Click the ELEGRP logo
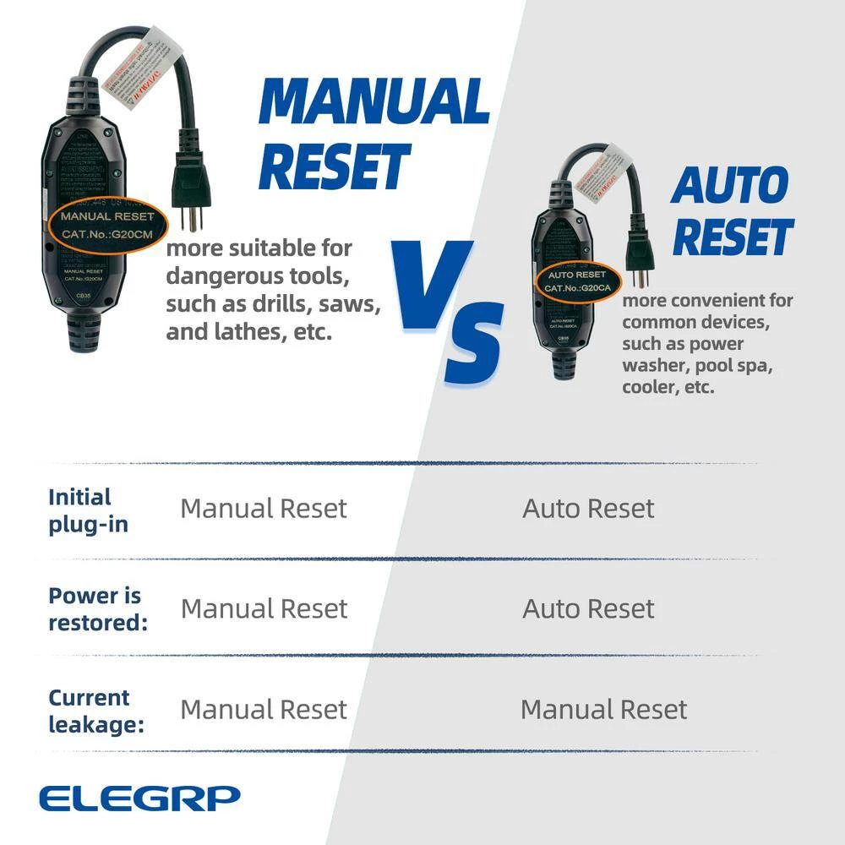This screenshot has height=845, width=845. [139, 797]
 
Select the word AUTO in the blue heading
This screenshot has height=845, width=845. [729, 186]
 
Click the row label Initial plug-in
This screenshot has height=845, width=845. [88, 510]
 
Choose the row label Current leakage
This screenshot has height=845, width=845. [90, 711]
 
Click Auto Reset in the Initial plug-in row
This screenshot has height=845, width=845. [588, 509]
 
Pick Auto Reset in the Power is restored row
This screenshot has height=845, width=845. [588, 608]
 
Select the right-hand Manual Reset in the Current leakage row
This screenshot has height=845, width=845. [603, 709]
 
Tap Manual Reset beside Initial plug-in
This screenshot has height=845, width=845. [264, 509]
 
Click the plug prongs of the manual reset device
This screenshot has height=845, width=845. [192, 215]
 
